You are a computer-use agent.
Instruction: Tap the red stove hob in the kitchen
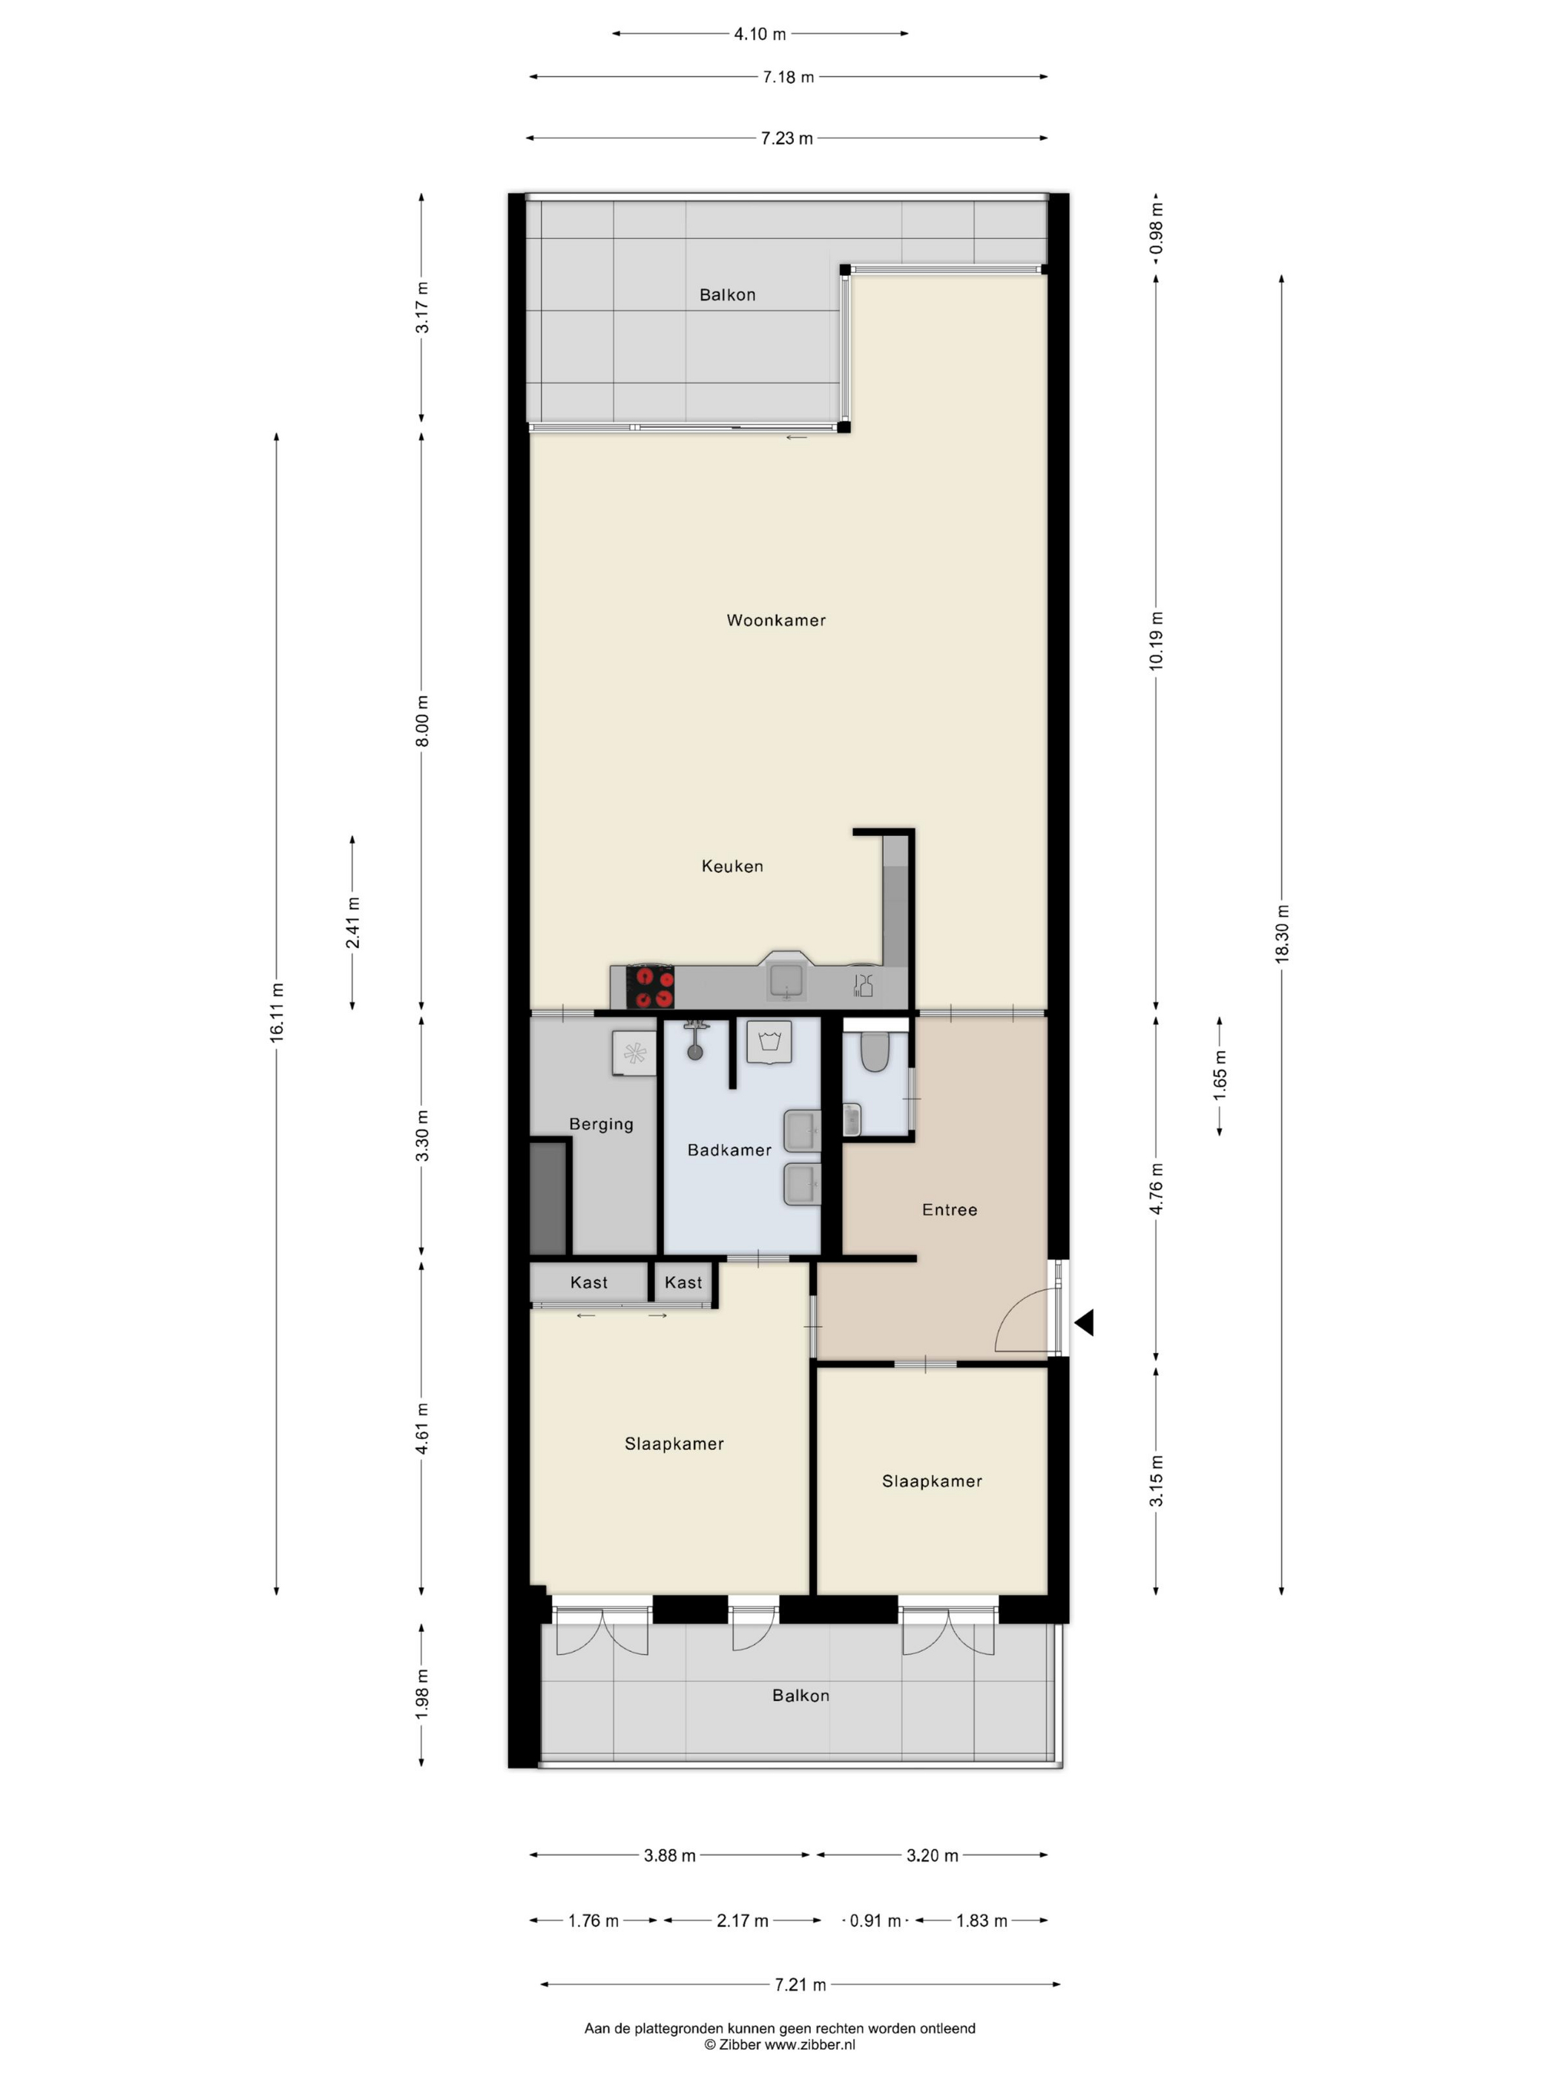(650, 987)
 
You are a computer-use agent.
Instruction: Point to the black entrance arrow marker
(1084, 1323)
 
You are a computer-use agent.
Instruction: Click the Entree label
(950, 1211)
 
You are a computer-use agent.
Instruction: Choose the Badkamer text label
(730, 1151)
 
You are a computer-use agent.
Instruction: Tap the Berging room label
(601, 1125)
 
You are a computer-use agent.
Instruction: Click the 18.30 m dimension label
(1283, 933)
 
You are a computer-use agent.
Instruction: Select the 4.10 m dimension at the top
(760, 34)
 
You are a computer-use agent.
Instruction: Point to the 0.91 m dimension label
(875, 1921)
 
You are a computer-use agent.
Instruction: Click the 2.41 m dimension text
(353, 922)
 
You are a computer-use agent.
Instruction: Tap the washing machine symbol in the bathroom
(769, 1042)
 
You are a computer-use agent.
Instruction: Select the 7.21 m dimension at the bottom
(800, 1985)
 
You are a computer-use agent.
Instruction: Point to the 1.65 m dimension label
(1220, 1076)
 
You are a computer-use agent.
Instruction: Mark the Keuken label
(732, 866)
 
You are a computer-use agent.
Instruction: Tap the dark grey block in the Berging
(548, 1197)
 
